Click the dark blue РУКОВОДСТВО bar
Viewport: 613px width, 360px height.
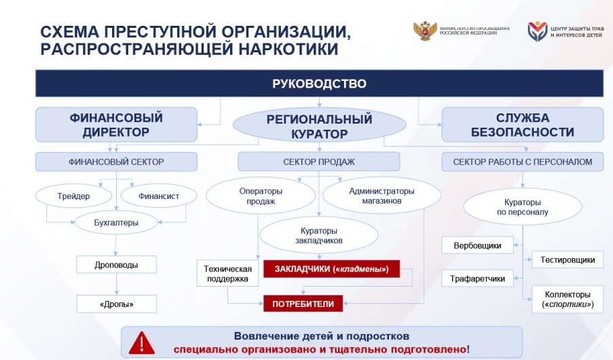point(320,84)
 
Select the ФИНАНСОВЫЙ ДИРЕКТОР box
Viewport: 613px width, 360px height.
point(116,125)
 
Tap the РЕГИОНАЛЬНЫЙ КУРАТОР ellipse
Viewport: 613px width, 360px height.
point(320,125)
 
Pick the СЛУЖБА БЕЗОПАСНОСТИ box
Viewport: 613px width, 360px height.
point(523,125)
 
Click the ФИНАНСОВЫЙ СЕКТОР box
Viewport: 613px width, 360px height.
point(116,162)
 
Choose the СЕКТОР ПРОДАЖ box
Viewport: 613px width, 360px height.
point(319,162)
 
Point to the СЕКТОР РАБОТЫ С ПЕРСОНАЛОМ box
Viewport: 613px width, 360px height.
point(523,162)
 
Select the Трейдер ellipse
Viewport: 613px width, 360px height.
point(73,196)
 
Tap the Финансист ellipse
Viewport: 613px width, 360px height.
point(159,196)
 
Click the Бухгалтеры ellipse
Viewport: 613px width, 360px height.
point(116,223)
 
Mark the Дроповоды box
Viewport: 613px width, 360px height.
point(117,264)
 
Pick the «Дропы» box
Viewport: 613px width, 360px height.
point(117,304)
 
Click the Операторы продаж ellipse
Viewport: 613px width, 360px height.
point(261,196)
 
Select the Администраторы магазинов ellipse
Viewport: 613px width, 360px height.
point(382,196)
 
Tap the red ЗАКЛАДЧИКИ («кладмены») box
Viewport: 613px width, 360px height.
point(331,269)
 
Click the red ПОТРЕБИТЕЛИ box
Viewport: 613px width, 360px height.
point(303,304)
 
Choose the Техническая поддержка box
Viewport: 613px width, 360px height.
point(227,273)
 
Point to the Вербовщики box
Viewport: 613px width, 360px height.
point(477,245)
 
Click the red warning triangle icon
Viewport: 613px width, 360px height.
point(141,343)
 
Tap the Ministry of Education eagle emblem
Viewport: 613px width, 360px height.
point(425,31)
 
